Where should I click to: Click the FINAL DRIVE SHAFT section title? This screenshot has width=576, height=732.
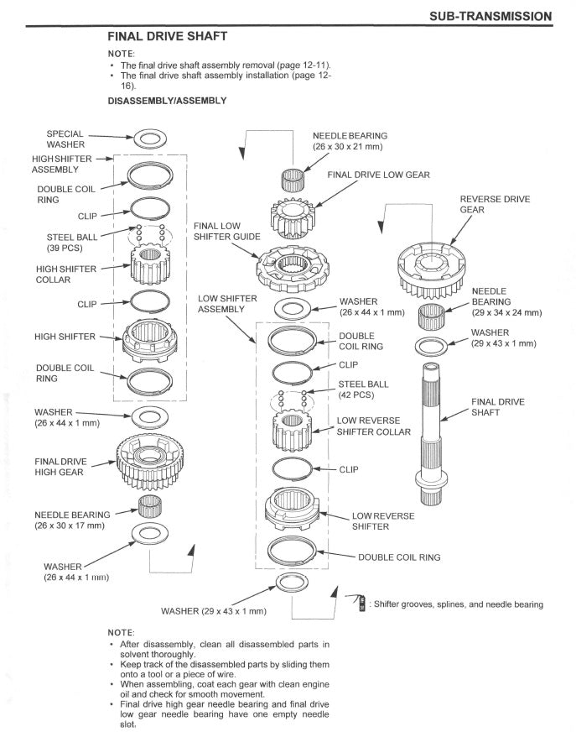pos(168,37)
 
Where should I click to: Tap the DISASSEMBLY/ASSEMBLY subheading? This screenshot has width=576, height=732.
pos(167,101)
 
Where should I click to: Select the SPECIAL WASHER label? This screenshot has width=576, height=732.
pos(65,139)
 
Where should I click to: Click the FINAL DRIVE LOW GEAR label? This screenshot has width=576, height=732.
pos(378,175)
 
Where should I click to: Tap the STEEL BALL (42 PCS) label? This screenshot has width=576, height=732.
pos(361,389)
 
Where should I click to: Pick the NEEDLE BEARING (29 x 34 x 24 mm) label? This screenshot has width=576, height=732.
pos(506,301)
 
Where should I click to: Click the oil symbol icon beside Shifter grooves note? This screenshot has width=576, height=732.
pos(361,603)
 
